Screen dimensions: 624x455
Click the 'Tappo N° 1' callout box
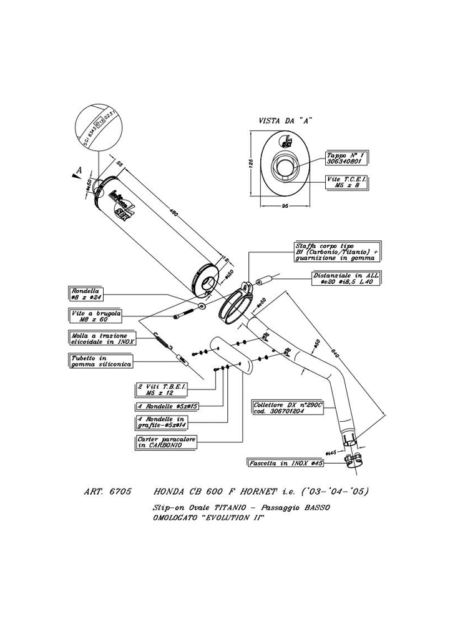pyautogui.click(x=346, y=157)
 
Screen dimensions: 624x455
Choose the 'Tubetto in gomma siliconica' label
pyautogui.click(x=99, y=361)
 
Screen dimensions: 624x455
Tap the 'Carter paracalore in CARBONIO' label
pyautogui.click(x=165, y=443)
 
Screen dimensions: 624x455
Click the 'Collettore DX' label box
pyautogui.click(x=287, y=408)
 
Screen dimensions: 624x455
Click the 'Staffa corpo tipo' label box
pyautogui.click(x=336, y=251)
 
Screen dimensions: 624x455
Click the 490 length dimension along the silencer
pyautogui.click(x=174, y=213)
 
